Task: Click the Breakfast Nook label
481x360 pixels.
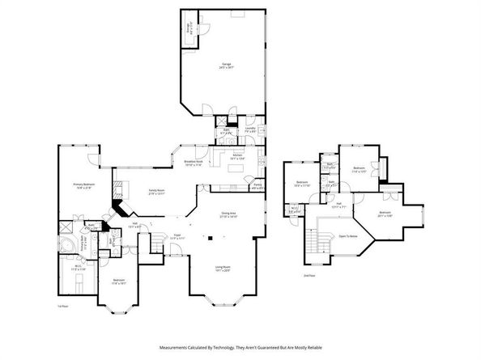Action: [193, 163]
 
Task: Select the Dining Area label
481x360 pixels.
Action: [229, 215]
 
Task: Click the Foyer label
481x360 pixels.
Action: [177, 237]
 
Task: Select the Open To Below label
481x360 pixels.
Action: [349, 236]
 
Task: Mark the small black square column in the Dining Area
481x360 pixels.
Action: [209, 238]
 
